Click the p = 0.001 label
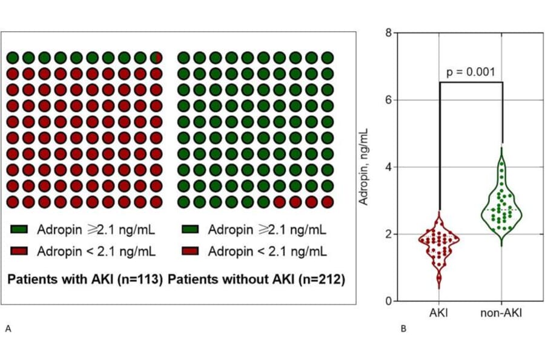tap(471, 72)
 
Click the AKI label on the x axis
tap(439, 313)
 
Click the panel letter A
tap(8, 328)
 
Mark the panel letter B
tap(403, 329)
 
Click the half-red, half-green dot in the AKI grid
tap(156, 58)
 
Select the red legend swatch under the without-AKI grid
tap(191, 250)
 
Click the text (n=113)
tap(144, 281)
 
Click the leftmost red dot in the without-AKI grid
tap(279, 201)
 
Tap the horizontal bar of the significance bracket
tap(471, 82)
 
